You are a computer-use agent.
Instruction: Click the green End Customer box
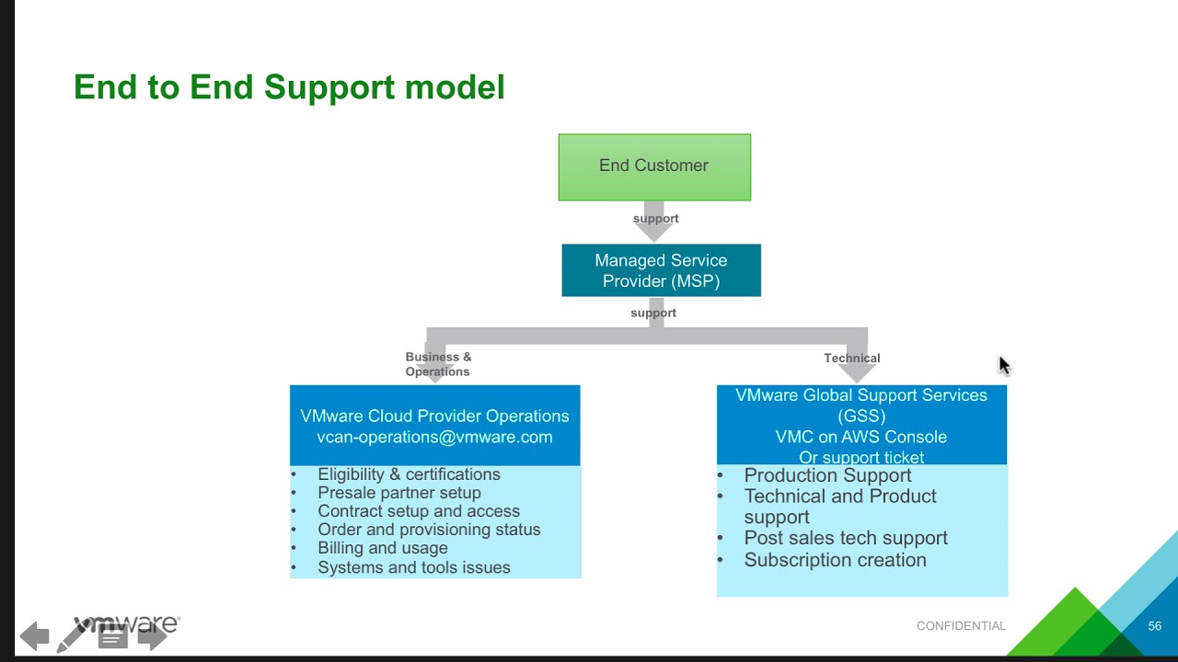tap(654, 166)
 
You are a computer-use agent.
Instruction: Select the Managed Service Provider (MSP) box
tap(661, 270)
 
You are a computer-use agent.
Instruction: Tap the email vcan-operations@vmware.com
tap(434, 438)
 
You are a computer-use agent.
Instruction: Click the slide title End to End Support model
tap(289, 87)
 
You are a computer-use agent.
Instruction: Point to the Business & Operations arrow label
tap(438, 364)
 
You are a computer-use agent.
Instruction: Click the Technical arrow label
tap(852, 359)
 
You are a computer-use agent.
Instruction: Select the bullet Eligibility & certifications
tap(409, 474)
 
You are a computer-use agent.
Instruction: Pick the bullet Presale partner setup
tap(398, 493)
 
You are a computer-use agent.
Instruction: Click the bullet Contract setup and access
tap(419, 511)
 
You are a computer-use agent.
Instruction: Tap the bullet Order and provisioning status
tap(429, 530)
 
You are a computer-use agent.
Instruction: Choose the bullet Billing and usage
tap(382, 548)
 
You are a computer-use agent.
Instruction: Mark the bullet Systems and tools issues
tap(413, 567)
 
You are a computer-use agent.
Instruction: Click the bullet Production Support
tap(827, 475)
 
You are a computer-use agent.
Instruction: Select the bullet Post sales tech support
tap(845, 538)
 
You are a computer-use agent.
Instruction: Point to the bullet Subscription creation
tap(835, 560)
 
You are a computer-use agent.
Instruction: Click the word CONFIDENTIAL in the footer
tap(961, 626)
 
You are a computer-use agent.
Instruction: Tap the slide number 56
tap(1155, 626)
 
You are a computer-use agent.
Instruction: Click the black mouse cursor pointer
tap(1004, 365)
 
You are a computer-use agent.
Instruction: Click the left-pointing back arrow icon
tap(34, 635)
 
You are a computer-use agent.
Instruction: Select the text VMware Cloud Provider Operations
tap(434, 417)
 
